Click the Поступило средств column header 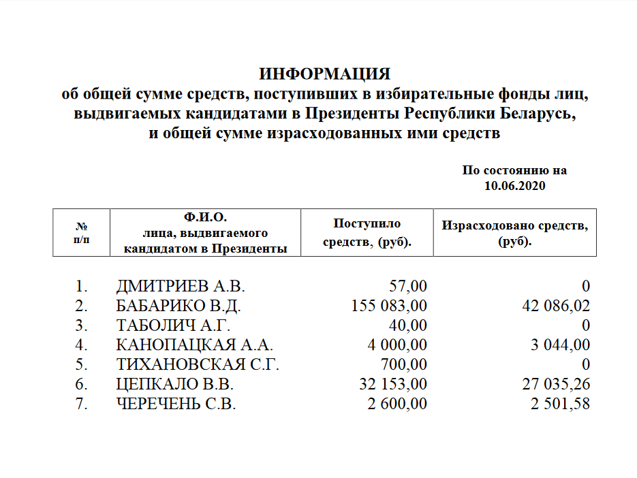pyautogui.click(x=367, y=232)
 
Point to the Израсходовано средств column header pyautogui.click(x=514, y=232)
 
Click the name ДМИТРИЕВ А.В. pyautogui.click(x=180, y=286)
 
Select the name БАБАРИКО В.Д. pyautogui.click(x=179, y=306)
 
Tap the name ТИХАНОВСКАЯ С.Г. pyautogui.click(x=198, y=364)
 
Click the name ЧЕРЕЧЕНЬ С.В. pyautogui.click(x=176, y=404)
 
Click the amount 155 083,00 pyautogui.click(x=388, y=306)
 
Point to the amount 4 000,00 pyautogui.click(x=397, y=345)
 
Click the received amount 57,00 pyautogui.click(x=407, y=286)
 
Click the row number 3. pyautogui.click(x=81, y=325)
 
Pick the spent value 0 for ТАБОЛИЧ pyautogui.click(x=586, y=325)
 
